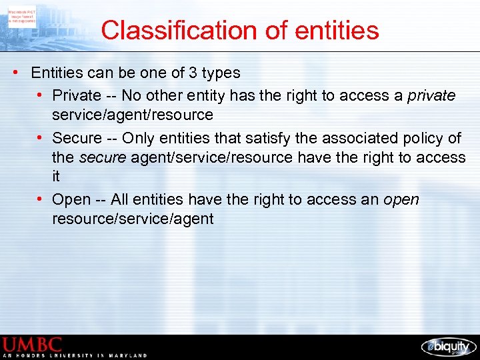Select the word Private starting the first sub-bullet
77,96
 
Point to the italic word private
432,96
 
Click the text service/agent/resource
133,115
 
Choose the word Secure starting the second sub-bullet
77,139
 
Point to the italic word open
401,200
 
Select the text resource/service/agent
133,219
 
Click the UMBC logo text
33,345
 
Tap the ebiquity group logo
448,347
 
